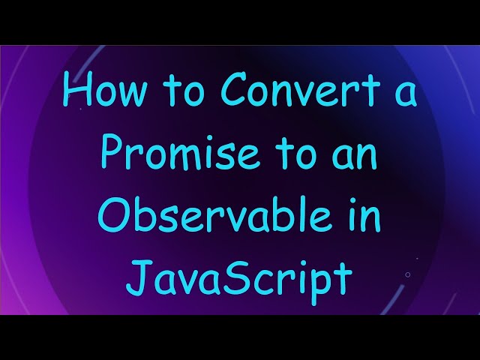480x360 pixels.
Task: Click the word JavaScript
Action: point(239,277)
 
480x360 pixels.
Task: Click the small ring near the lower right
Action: point(407,274)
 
